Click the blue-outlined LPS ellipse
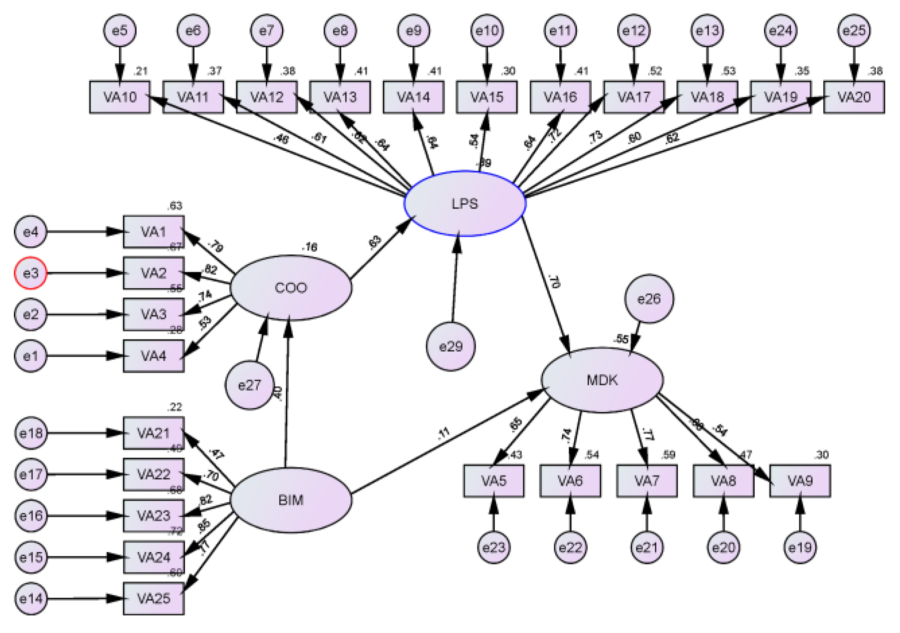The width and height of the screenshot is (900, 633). (465, 203)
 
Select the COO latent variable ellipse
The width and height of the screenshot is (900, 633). (291, 288)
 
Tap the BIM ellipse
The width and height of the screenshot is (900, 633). (291, 500)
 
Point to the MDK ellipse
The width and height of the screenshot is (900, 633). (602, 380)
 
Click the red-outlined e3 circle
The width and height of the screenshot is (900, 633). (30, 273)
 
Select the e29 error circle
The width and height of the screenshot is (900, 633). (450, 346)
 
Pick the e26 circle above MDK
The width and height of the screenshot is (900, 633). (649, 299)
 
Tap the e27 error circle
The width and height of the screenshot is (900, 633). (249, 385)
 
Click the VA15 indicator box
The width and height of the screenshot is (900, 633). (487, 97)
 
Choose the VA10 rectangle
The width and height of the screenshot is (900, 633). (120, 97)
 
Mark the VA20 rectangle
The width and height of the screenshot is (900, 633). (854, 97)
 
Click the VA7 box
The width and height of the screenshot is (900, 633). (646, 481)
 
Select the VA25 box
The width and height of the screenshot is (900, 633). (153, 598)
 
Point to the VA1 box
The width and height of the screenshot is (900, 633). (153, 231)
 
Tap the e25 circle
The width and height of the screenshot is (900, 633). (854, 31)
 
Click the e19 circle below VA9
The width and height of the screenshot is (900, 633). (800, 547)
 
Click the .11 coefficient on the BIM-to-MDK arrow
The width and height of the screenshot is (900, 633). (443, 433)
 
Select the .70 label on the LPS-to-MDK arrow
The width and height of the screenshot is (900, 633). (554, 281)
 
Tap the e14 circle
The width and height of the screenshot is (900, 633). (30, 598)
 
